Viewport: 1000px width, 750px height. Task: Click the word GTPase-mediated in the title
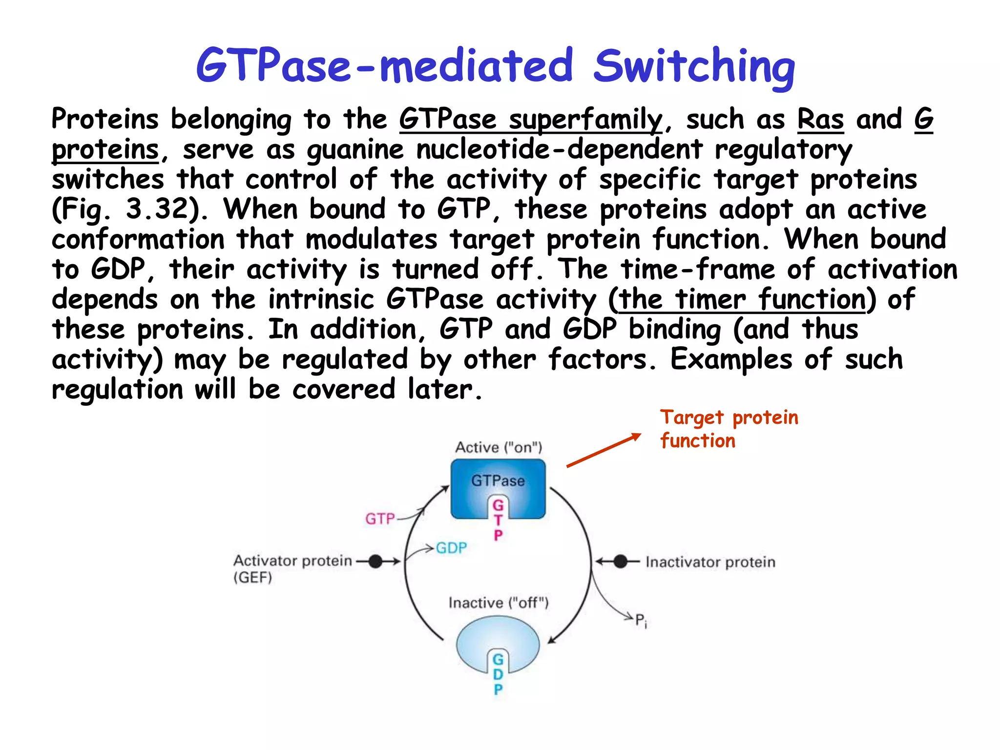(x=385, y=66)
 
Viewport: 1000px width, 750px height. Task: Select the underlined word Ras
(x=820, y=120)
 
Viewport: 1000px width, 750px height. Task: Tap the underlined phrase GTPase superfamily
(x=531, y=120)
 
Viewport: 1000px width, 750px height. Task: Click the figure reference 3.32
(x=157, y=209)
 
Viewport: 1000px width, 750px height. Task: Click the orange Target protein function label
(x=729, y=429)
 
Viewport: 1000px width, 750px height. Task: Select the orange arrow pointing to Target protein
(x=604, y=450)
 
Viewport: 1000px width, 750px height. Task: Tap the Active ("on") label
(x=499, y=447)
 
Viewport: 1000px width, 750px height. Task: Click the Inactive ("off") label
(x=499, y=603)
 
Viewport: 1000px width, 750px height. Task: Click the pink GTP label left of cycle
(x=380, y=519)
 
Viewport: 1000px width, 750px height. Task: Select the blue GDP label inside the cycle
(x=451, y=548)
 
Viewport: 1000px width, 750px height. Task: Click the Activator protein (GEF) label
(x=292, y=568)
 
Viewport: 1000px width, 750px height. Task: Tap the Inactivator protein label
(x=710, y=562)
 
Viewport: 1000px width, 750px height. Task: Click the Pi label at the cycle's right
(x=641, y=621)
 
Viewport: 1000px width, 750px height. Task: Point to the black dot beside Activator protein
(x=375, y=562)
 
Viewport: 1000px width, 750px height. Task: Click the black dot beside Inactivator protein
(x=620, y=562)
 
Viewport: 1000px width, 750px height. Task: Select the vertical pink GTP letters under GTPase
(x=498, y=521)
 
